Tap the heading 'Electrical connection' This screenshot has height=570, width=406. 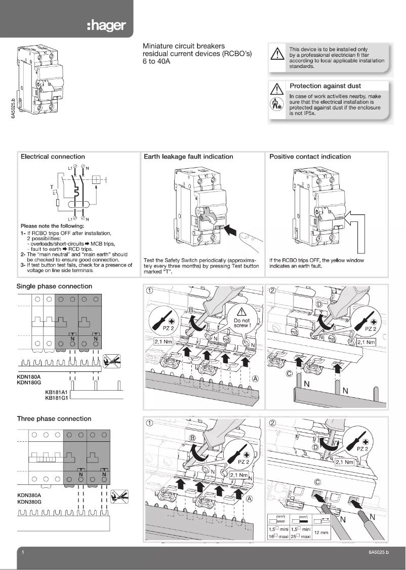click(53, 157)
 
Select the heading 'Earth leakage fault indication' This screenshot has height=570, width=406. click(188, 157)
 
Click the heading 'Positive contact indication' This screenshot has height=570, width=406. click(310, 157)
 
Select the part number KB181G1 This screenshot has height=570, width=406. click(56, 398)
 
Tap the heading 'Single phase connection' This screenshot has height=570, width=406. click(55, 286)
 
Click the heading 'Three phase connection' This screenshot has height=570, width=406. click(54, 419)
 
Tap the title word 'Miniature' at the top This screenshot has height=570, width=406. click(158, 46)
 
